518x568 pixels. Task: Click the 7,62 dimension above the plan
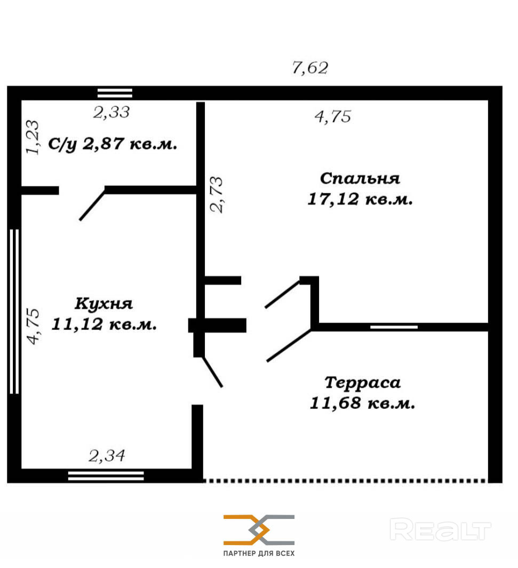pyautogui.click(x=310, y=68)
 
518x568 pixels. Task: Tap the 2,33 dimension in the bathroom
pyautogui.click(x=111, y=112)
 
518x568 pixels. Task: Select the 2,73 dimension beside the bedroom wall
pyautogui.click(x=217, y=194)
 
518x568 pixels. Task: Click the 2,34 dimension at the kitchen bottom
pyautogui.click(x=107, y=456)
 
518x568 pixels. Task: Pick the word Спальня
pyautogui.click(x=360, y=178)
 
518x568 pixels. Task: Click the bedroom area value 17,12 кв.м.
pyautogui.click(x=360, y=199)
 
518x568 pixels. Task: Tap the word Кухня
pyautogui.click(x=104, y=304)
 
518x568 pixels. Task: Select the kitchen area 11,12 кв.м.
pyautogui.click(x=104, y=324)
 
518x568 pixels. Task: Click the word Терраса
pyautogui.click(x=362, y=383)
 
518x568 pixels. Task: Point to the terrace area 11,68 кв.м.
pyautogui.click(x=362, y=403)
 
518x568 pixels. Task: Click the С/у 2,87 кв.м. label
pyautogui.click(x=113, y=144)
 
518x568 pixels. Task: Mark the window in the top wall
pyautogui.click(x=115, y=93)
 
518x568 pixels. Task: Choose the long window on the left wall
pyautogui.click(x=14, y=311)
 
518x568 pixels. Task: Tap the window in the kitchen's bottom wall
pyautogui.click(x=106, y=476)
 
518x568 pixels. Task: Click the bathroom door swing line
pyautogui.click(x=92, y=205)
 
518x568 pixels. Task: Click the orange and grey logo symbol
pyautogui.click(x=259, y=530)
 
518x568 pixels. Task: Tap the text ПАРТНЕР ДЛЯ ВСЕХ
pyautogui.click(x=259, y=553)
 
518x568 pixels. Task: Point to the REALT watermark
pyautogui.click(x=440, y=530)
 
